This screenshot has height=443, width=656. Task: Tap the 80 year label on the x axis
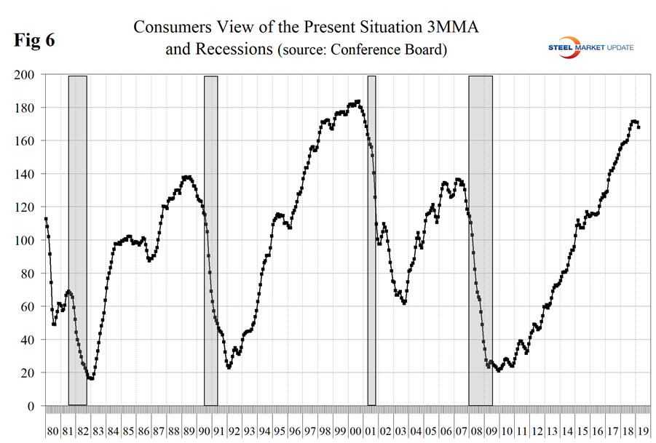[x=52, y=431]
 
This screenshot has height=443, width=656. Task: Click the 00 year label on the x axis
[x=357, y=431]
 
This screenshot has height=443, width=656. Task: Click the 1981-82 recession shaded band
[x=77, y=240]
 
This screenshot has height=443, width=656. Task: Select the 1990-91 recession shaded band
[x=211, y=240]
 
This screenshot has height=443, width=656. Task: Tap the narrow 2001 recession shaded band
[x=371, y=240]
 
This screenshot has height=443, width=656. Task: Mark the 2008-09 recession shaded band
[x=481, y=240]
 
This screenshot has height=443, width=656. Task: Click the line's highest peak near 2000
[x=358, y=101]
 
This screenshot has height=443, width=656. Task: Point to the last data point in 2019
[x=639, y=127]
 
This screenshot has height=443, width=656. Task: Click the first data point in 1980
[x=46, y=218]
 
